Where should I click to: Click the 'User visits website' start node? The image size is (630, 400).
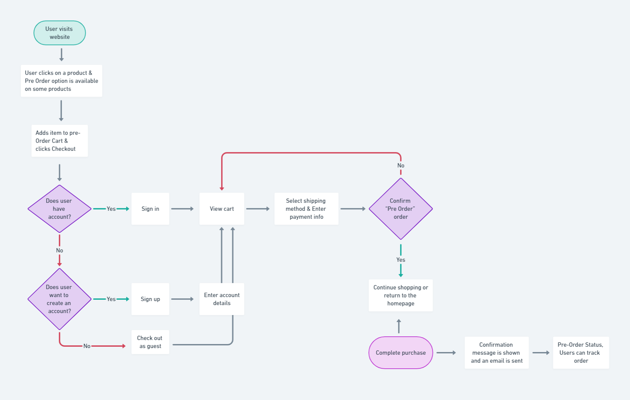coord(60,33)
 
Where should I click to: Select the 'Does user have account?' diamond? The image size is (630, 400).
coord(59,209)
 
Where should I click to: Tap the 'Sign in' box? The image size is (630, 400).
coord(150,209)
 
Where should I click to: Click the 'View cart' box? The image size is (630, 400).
coord(222,209)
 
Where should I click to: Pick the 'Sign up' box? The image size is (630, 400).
coord(150,299)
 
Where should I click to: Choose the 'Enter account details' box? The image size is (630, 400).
coord(222,299)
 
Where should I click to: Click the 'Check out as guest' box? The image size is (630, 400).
coord(150,342)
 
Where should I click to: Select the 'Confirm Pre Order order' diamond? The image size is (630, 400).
coord(401,209)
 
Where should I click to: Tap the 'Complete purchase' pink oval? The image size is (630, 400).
coord(401,353)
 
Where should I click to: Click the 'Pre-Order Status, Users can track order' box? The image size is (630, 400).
coord(581,353)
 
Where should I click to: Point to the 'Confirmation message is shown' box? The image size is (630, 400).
coord(497,353)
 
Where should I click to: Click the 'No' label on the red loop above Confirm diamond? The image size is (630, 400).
coord(401,166)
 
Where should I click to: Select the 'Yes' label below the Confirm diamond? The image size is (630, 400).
coord(401,260)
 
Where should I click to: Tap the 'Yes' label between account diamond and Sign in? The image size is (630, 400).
coord(111,209)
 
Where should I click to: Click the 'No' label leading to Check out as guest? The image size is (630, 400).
coord(87,346)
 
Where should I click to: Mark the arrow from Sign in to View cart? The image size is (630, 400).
coord(182,209)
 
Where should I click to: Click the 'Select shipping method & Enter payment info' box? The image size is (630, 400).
coord(306,209)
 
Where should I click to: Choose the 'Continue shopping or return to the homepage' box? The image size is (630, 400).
coord(401,295)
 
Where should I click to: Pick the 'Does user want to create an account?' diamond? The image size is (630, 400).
coord(59,299)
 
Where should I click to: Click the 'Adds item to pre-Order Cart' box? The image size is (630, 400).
coord(60,141)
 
